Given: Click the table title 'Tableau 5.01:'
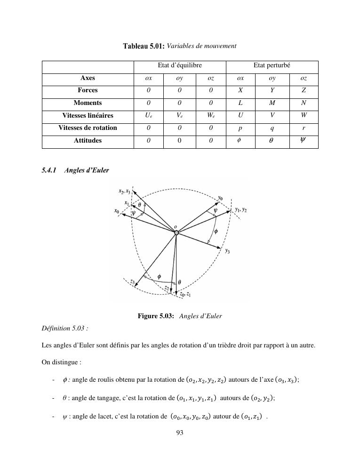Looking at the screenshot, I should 144,46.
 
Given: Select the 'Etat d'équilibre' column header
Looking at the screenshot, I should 180,66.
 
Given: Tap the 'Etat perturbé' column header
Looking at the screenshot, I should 272,66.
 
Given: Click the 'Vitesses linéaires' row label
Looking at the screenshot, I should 88,115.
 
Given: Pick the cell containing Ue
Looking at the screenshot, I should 149,115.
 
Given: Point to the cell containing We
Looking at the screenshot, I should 211,115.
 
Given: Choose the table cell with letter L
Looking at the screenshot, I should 240,103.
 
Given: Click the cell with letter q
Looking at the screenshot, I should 272,128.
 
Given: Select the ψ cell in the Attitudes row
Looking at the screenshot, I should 304,140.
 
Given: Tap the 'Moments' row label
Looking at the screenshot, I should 88,103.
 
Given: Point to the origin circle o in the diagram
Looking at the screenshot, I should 176,233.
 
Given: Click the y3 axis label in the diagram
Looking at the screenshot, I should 227,251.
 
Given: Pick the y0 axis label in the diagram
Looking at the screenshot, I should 221,198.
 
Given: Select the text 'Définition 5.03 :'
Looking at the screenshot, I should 64,328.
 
